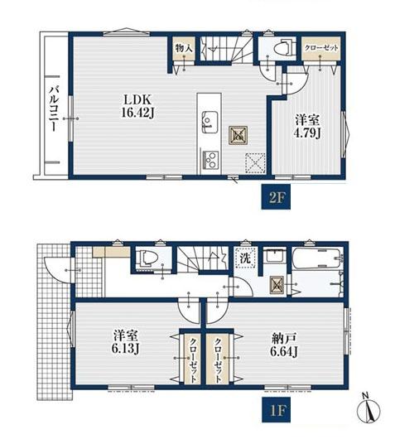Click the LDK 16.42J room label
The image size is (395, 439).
pos(138,106)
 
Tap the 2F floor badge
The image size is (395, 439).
pos(276,197)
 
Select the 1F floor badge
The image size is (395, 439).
pos(276,410)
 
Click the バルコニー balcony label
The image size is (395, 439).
pos(54,109)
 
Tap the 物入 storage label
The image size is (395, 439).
pos(184,48)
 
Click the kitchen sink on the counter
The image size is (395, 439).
pos(210,122)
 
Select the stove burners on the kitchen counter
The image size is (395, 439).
pos(210,160)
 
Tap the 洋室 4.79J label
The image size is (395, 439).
pos(307,127)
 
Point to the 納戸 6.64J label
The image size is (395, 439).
pos(283,345)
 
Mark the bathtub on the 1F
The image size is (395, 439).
pos(317,258)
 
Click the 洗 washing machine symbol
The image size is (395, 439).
pos(245,258)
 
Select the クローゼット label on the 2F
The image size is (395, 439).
pos(321,48)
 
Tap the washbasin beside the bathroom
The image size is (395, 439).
pos(275,254)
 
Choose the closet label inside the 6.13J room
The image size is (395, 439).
pos(193,359)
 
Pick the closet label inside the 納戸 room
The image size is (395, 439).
pos(218,359)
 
